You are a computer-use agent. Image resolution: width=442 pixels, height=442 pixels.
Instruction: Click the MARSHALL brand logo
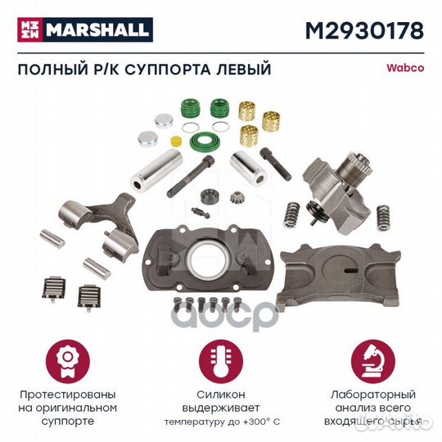click(x=83, y=30)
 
